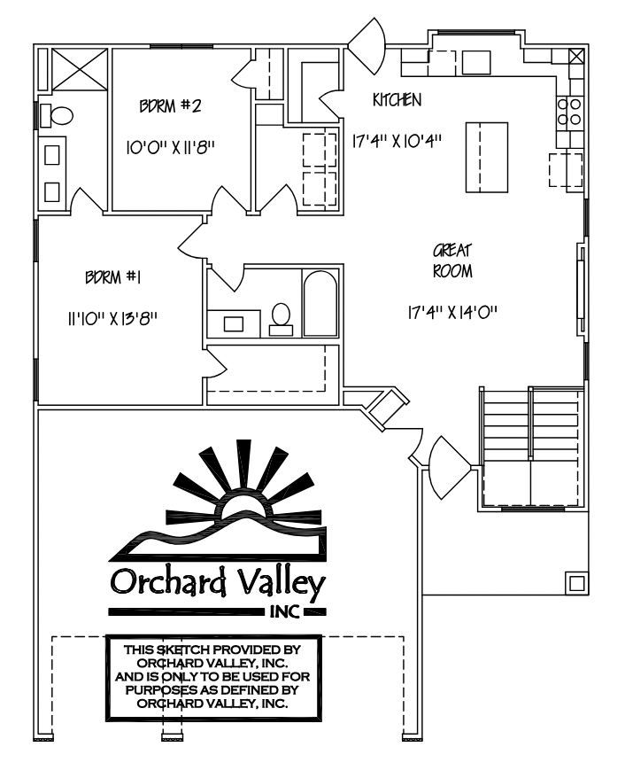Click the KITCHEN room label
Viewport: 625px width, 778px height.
coord(397,100)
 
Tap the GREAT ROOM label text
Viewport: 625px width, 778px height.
coord(452,261)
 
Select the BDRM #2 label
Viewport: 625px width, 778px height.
coord(171,106)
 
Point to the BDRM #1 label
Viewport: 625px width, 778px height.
coord(113,276)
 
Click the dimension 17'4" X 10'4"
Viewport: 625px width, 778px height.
coord(397,141)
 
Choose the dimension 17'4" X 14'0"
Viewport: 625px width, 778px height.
coord(452,313)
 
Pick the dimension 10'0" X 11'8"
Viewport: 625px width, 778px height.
coord(171,148)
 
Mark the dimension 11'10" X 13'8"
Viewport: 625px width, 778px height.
coord(113,318)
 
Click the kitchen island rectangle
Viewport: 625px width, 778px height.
coord(487,158)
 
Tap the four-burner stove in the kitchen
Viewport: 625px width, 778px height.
coord(569,112)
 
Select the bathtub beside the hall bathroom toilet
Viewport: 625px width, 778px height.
coord(320,304)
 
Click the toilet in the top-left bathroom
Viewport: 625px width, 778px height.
coord(56,115)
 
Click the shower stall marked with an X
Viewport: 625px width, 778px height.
coord(80,69)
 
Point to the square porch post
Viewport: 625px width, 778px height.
coord(577,583)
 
